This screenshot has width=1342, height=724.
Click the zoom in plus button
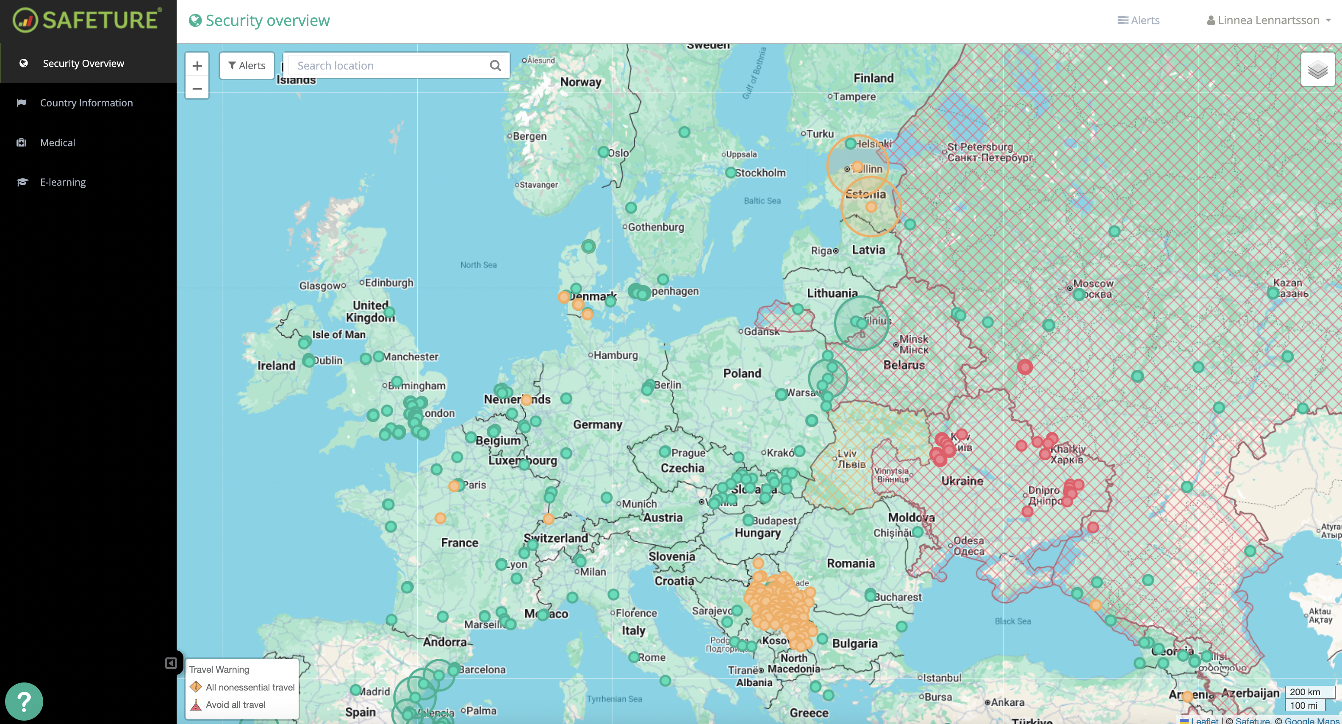pos(197,66)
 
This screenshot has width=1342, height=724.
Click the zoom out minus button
pos(197,88)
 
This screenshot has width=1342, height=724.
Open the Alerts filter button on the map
pos(247,66)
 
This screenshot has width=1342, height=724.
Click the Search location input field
pos(388,66)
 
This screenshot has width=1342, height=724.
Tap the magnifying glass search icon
pos(495,66)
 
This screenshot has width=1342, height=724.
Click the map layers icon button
pos(1317,70)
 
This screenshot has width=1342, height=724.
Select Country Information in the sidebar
pos(86,103)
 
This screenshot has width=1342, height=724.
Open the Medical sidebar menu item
pos(57,142)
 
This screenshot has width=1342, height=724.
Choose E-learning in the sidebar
pos(63,182)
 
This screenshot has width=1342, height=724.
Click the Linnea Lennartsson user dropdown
pos(1269,20)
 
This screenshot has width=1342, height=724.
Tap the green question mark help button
pos(24,701)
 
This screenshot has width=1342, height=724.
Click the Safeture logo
pos(88,20)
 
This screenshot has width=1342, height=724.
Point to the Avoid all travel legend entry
pos(235,705)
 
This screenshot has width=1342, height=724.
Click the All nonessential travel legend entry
pos(250,687)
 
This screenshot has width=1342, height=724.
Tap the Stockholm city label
pos(760,173)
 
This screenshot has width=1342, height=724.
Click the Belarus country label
pos(904,365)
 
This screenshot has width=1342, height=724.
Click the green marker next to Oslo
pos(603,152)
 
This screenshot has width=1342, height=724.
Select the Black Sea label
pos(1012,621)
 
